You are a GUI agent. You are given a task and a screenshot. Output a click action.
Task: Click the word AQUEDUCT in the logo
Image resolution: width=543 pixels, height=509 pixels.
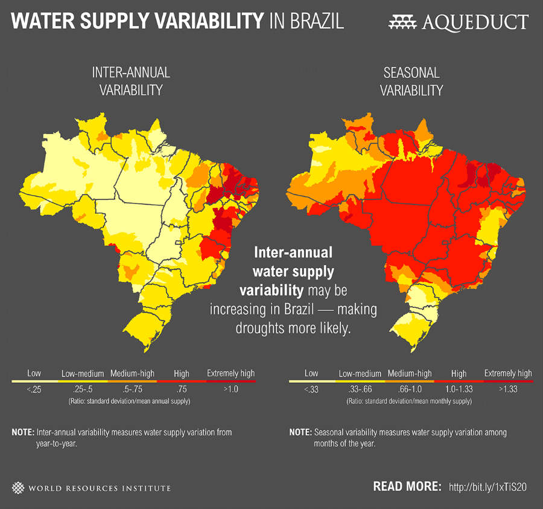[476, 22]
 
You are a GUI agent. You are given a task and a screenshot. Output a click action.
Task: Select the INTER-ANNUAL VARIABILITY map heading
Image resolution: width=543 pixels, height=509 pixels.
[131, 82]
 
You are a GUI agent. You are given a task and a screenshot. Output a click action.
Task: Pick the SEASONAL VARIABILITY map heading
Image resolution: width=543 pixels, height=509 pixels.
[412, 82]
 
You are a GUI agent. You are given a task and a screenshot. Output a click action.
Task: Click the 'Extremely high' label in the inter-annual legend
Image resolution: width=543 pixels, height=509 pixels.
[230, 374]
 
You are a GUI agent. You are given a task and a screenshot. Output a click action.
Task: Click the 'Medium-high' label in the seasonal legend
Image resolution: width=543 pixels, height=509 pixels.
[410, 374]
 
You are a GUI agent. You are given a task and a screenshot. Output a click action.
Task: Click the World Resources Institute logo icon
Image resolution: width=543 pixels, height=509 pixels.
[19, 487]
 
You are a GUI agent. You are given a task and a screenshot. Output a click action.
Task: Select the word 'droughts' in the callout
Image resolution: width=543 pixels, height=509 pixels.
[260, 330]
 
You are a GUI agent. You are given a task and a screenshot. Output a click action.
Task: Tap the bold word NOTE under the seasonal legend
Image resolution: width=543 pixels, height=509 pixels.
[300, 433]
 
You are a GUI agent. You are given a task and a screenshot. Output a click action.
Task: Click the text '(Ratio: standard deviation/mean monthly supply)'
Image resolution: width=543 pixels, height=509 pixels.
[410, 401]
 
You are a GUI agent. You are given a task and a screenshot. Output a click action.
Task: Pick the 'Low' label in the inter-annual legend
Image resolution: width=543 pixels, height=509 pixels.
[34, 374]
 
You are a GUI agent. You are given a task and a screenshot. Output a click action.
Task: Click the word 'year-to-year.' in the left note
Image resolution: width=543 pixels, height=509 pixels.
[57, 443]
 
